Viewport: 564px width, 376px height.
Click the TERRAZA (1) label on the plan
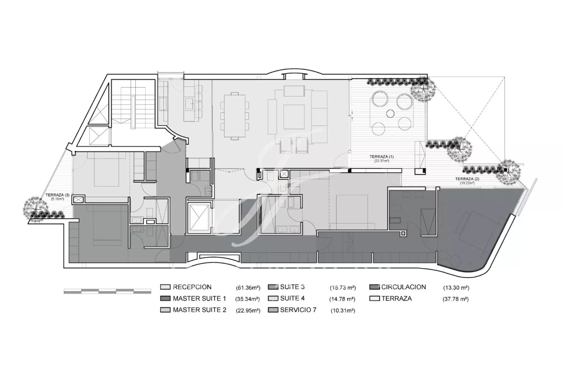tap(381, 157)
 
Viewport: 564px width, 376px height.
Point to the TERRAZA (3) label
tap(58, 195)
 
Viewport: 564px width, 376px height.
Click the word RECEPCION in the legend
tap(192, 287)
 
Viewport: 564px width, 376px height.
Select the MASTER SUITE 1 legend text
tap(199, 298)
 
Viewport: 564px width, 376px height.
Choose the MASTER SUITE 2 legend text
tap(199, 310)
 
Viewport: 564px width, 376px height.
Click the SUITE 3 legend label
tap(292, 287)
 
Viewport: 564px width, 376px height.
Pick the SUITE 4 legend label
tap(292, 298)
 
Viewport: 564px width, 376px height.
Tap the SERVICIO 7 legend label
tap(298, 310)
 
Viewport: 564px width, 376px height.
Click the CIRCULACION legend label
tap(404, 287)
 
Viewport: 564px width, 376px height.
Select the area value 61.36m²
tap(248, 288)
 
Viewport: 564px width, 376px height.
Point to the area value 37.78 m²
tap(456, 299)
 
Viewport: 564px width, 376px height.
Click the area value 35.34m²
tap(248, 299)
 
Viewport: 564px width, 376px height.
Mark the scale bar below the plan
tap(108, 291)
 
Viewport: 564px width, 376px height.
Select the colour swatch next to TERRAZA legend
tap(375, 298)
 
